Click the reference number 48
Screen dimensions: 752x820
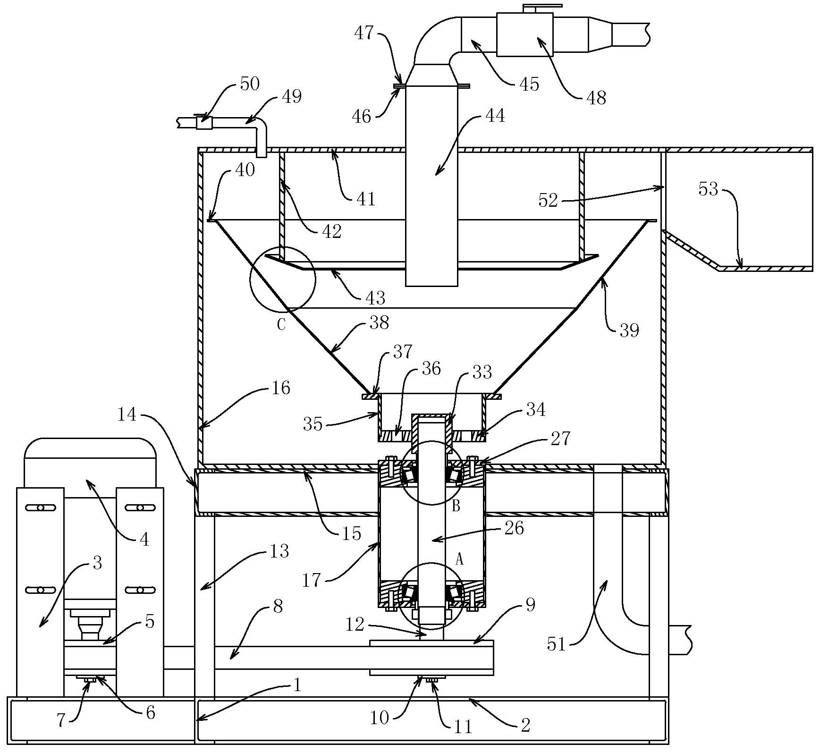tap(596, 98)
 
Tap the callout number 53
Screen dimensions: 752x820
tap(708, 189)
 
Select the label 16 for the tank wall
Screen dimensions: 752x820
tap(281, 388)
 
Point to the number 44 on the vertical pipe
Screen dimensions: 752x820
tap(495, 116)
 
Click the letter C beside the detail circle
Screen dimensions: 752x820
tap(281, 325)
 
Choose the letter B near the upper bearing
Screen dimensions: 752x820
tap(456, 506)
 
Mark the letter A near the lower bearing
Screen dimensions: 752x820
tap(459, 560)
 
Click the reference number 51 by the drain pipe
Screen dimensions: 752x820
tap(556, 643)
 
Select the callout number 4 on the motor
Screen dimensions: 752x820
tap(144, 539)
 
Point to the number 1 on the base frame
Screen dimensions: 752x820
tap(297, 685)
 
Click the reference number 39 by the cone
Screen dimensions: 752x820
tap(629, 330)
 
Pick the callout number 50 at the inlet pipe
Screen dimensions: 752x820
tap(250, 84)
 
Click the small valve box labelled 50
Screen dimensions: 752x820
tap(204, 123)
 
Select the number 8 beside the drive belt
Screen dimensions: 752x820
tap(278, 606)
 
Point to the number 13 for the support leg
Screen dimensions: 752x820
tap(279, 551)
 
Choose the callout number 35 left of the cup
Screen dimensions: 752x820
tap(313, 423)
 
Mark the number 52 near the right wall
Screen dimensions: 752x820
tap(548, 201)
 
